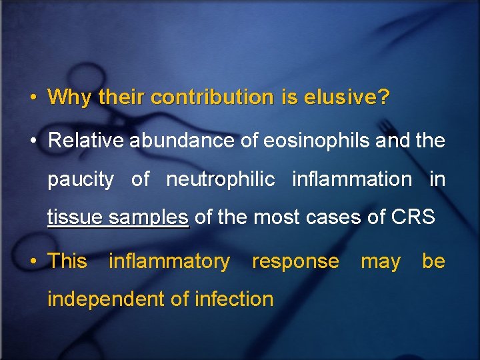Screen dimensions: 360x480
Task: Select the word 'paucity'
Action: pyautogui.click(x=80, y=179)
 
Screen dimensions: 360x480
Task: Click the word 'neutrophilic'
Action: pyautogui.click(x=220, y=179)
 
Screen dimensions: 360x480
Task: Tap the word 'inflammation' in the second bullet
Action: pyautogui.click(x=351, y=179)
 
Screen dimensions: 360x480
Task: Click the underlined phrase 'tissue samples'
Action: pyautogui.click(x=118, y=218)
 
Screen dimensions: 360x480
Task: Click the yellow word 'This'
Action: pyautogui.click(x=67, y=261)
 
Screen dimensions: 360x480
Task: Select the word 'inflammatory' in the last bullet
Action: pyautogui.click(x=169, y=261)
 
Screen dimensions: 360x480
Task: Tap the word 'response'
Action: pyautogui.click(x=295, y=261)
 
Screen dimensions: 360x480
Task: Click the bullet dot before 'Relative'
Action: pyautogui.click(x=33, y=141)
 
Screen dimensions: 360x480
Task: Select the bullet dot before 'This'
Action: pyautogui.click(x=33, y=261)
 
